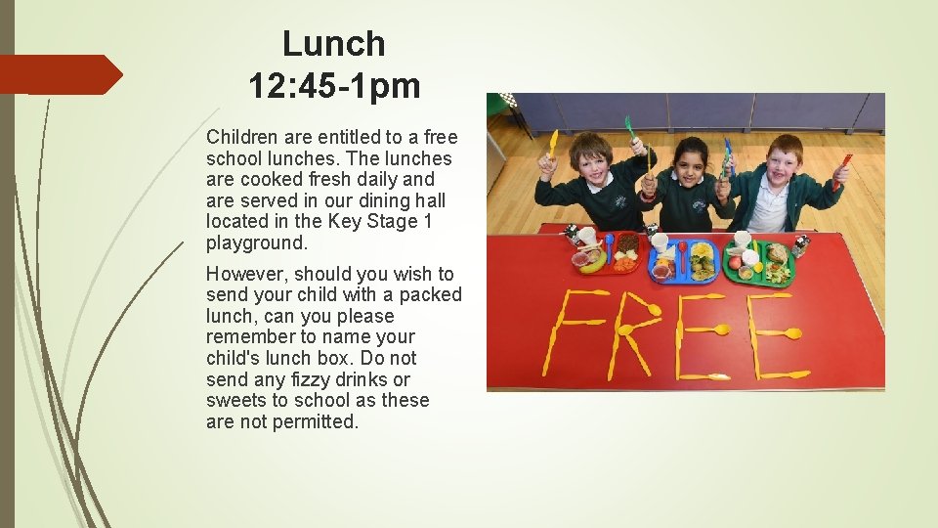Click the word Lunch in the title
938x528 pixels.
(x=334, y=44)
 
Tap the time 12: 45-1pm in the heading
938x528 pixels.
(x=334, y=87)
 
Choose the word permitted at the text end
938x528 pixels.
(x=314, y=421)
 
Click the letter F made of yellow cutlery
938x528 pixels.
(x=577, y=333)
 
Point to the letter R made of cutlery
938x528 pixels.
(x=635, y=333)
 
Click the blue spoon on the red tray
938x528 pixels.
(x=609, y=248)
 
